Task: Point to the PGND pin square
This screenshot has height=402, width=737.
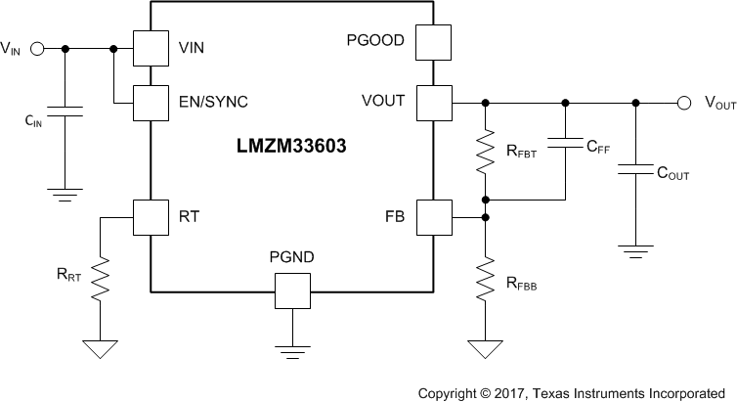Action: pyautogui.click(x=291, y=290)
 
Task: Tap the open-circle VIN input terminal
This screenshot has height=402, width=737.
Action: pyautogui.click(x=38, y=48)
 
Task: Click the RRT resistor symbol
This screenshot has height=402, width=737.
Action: pyautogui.click(x=101, y=277)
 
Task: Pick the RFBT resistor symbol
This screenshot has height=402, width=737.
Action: pyautogui.click(x=484, y=151)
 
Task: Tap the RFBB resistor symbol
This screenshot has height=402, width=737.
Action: pyautogui.click(x=484, y=277)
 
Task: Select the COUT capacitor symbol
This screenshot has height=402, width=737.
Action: pyautogui.click(x=636, y=171)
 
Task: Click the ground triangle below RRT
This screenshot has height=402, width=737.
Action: pyautogui.click(x=101, y=348)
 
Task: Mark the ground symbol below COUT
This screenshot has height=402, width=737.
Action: pyautogui.click(x=636, y=250)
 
